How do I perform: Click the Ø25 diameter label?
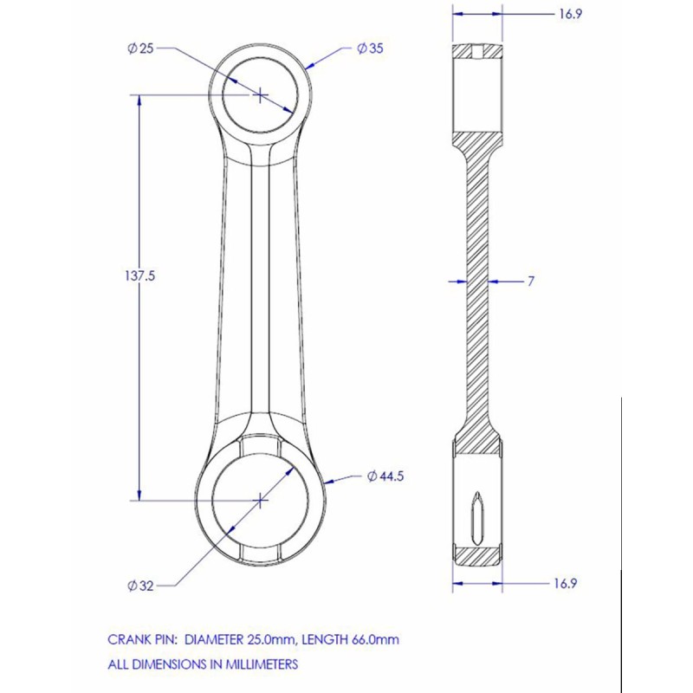pos(140,49)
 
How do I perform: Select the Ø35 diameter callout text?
pos(370,49)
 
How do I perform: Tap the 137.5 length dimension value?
pos(140,276)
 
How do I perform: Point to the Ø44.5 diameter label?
pos(385,476)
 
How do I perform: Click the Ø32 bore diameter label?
pos(140,586)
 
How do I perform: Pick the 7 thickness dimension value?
pos(531,281)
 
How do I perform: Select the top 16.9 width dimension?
pos(570,14)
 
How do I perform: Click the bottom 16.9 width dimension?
pos(566,583)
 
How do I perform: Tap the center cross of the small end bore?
pos(261,94)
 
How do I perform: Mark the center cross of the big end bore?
pos(261,501)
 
